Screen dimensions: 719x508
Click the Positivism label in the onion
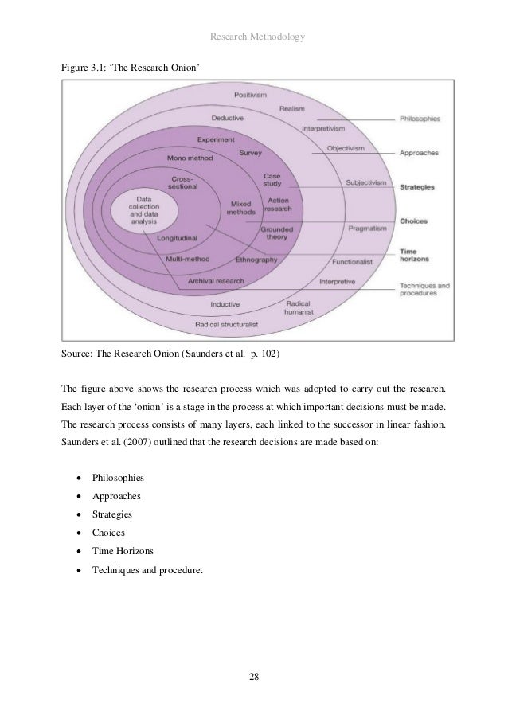click(250, 95)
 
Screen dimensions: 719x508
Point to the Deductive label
click(227, 119)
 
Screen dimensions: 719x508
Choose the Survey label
click(250, 152)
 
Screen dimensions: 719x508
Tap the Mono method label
click(190, 158)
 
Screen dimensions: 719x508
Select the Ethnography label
click(256, 260)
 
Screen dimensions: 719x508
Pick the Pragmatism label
click(368, 229)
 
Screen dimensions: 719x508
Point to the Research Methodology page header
click(253, 36)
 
